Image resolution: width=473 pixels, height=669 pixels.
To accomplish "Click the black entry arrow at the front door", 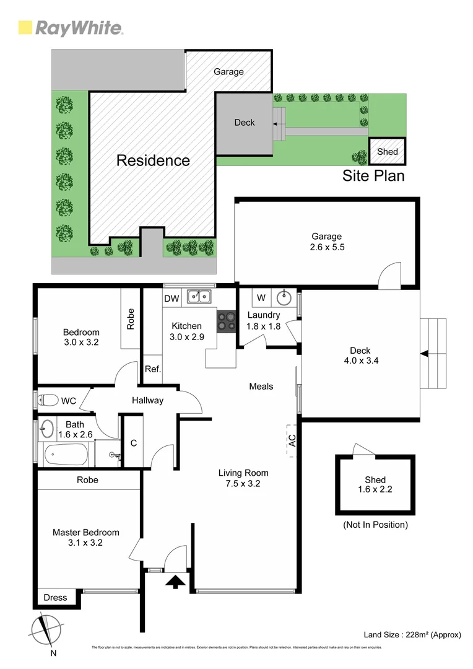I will click(x=175, y=581).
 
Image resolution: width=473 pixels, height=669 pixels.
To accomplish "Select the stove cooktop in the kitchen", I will click(x=225, y=320).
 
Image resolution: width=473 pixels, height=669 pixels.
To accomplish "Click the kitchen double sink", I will click(x=199, y=298).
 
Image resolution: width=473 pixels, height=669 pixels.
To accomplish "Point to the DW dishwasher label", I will click(x=171, y=299).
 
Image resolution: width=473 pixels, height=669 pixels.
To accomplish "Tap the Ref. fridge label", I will click(x=153, y=369).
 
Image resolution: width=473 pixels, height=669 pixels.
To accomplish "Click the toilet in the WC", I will click(x=46, y=400).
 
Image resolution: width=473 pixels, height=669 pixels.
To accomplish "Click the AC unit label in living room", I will click(x=292, y=440).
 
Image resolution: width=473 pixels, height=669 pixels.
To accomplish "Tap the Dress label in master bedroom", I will click(x=56, y=598).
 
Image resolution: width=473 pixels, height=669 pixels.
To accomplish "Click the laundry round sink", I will click(x=284, y=298).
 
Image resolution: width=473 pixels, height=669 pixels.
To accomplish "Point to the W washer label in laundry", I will click(x=261, y=298).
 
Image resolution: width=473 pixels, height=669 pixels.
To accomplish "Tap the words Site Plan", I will click(x=373, y=176).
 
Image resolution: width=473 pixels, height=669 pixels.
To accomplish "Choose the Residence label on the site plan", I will click(x=153, y=160).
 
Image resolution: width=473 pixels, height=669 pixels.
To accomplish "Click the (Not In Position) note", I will click(x=375, y=525).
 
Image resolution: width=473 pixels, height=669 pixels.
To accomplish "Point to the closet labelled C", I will click(x=133, y=443).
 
